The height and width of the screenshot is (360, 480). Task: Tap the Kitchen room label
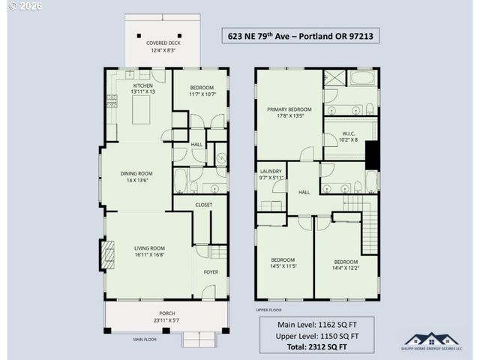143,86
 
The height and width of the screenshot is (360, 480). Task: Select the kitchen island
143,111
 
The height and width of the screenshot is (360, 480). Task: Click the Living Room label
149,248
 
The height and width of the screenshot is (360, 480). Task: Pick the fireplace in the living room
108,254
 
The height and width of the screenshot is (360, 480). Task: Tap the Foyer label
211,271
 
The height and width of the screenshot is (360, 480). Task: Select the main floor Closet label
204,205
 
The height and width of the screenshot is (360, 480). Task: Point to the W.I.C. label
349,136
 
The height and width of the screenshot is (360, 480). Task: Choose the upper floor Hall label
304,192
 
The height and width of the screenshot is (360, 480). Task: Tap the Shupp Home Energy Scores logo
433,341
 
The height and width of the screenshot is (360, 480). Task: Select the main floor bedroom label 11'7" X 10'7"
202,91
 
